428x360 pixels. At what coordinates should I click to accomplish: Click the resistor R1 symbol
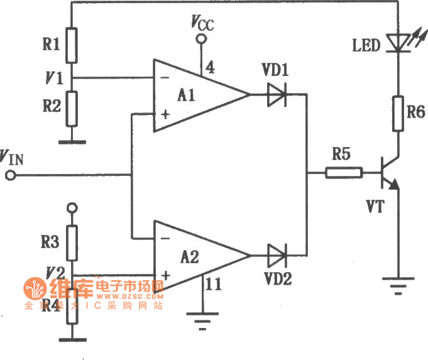tap(72, 45)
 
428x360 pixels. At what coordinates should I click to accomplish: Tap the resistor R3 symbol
tap(72, 244)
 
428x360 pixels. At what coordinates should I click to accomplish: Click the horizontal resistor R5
tap(344, 172)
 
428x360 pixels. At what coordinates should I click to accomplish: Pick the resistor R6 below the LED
tap(397, 113)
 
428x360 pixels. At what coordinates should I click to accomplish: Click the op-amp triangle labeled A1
tap(195, 95)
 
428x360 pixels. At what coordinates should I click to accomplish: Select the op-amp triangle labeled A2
tap(195, 256)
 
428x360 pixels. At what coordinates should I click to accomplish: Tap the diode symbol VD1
tap(277, 95)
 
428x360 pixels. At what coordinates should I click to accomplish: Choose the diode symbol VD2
tap(277, 256)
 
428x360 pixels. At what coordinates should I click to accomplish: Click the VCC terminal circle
tap(202, 40)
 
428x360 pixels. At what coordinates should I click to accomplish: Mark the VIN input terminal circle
tap(10, 176)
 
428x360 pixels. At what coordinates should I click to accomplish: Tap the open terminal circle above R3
tap(72, 207)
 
